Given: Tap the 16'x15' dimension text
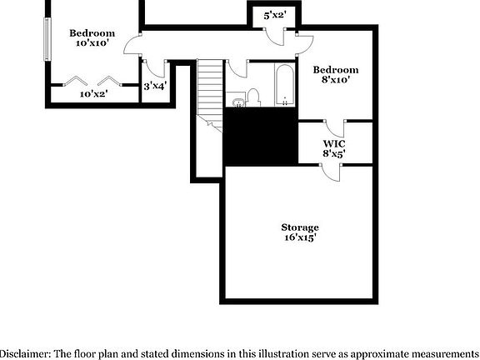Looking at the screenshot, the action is coord(300,237).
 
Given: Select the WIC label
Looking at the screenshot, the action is coord(334,143).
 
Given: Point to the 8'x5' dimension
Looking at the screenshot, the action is coord(334,153).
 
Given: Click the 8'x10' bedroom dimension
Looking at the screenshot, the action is coord(336,80).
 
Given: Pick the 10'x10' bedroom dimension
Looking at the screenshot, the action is coord(92,42).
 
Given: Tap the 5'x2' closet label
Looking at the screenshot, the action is coord(275,15).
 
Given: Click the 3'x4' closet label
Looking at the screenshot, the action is coord(155,86).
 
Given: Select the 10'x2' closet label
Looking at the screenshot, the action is coord(93,93).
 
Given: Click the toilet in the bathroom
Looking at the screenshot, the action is coord(253,97).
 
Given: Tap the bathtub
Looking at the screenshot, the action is coord(285,85).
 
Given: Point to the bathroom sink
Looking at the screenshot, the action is coord(237,102).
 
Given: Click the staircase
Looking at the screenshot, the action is coord(210,96).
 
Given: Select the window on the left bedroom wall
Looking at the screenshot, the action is coord(47,39).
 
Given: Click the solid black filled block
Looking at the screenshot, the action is coord(261,137).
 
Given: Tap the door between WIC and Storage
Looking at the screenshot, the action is coord(331,172).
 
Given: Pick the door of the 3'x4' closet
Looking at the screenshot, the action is coord(155,69).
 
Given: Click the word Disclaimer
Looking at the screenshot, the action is coord(25,353).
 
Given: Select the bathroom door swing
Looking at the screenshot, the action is coord(237,68).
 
